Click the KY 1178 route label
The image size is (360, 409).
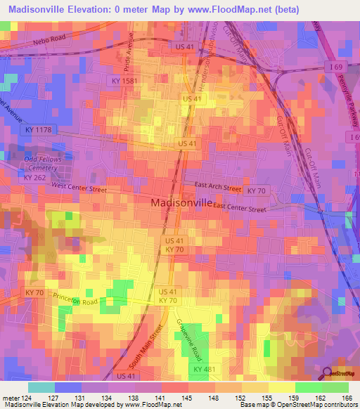point(38,130)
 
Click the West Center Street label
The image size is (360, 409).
point(79,188)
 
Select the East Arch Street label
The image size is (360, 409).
point(218,188)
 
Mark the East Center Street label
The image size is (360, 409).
point(240,209)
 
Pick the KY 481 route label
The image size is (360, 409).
point(203,369)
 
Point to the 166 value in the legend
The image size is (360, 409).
point(347,398)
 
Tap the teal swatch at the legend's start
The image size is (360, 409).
point(41,387)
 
